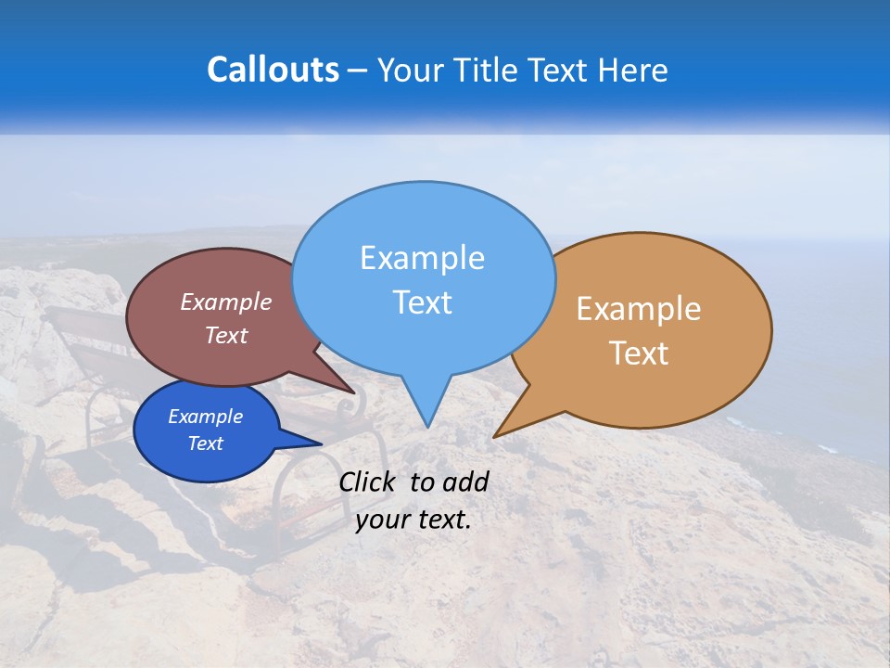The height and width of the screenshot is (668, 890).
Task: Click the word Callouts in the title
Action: point(273,70)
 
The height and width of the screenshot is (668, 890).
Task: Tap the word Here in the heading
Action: point(633,70)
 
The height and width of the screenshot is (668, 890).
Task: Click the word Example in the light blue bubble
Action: point(422,258)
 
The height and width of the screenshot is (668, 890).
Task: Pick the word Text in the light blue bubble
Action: point(422,302)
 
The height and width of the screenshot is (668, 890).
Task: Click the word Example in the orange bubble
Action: point(639,309)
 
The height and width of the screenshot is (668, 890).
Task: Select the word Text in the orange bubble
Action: point(639,353)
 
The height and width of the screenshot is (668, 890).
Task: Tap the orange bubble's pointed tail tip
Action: point(495,436)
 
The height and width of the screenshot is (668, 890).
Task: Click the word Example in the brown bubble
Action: point(226,302)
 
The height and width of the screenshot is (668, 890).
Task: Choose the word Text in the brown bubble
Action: point(226,335)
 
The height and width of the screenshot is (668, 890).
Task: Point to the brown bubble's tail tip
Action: point(353,392)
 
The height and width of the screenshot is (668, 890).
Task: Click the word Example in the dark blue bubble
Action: point(205,417)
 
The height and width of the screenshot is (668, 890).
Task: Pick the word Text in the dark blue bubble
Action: point(205,443)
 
